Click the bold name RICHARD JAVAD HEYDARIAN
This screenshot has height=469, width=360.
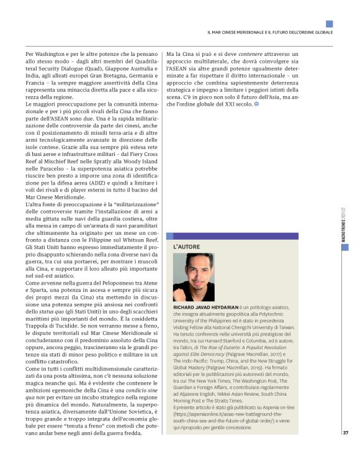click(212, 307)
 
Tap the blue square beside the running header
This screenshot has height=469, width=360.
click(329, 24)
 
